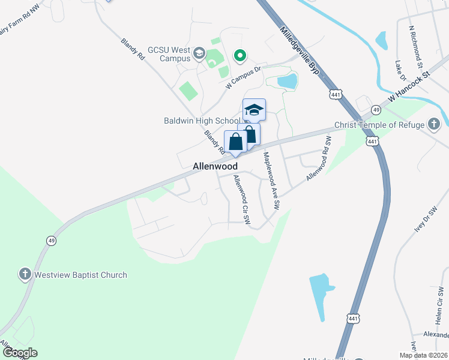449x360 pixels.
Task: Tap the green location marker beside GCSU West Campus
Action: [x=240, y=56]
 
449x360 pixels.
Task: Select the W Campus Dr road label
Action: [x=245, y=77]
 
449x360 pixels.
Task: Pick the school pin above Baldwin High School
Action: [x=254, y=110]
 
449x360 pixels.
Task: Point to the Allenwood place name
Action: [x=215, y=166]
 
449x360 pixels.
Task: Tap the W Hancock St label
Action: [x=410, y=86]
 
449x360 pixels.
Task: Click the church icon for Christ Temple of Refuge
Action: [x=434, y=125]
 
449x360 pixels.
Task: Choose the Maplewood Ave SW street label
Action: [x=271, y=180]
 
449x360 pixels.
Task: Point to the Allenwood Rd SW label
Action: [x=319, y=158]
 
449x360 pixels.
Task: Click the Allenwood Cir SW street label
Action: [x=241, y=199]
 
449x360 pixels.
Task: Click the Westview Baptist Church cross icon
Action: [x=25, y=275]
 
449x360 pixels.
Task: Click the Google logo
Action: [x=20, y=353]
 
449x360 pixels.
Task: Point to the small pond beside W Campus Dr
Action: [x=287, y=81]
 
